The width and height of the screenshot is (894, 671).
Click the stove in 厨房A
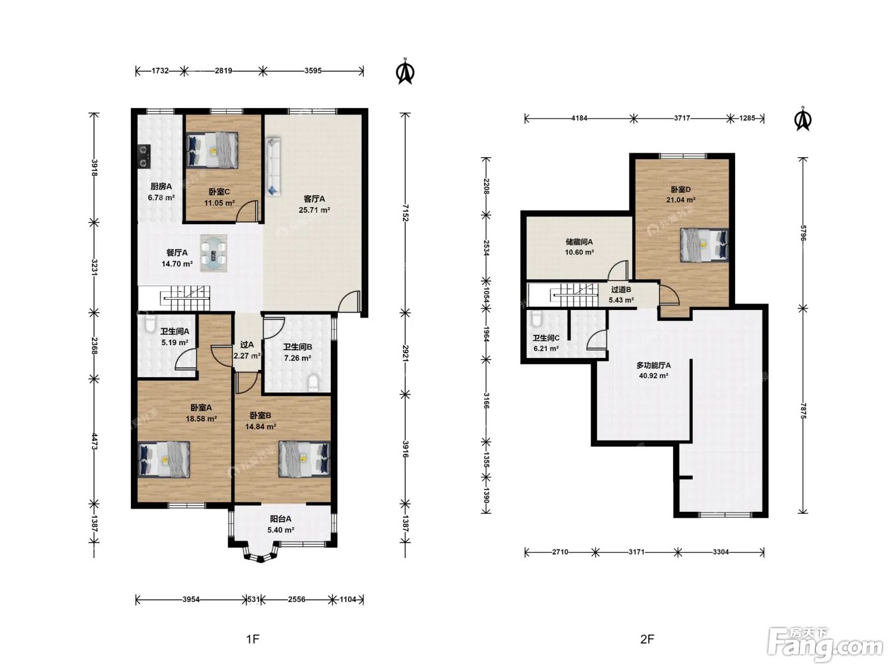point(144,157)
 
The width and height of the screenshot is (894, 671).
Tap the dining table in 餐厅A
point(213,253)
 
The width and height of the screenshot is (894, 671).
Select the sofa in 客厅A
point(273,167)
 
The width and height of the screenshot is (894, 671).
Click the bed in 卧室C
point(212,150)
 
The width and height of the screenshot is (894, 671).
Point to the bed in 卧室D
point(704,245)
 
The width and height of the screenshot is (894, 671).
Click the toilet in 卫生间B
point(313,383)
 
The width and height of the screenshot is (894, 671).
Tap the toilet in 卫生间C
point(536,319)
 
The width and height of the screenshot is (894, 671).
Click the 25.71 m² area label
point(314,210)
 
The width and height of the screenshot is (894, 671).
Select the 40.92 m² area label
point(653,376)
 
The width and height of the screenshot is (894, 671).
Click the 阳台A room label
point(280,519)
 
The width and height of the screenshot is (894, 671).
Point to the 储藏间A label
point(579,242)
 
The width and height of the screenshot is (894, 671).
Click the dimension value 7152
point(405,213)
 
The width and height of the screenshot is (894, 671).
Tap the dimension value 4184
point(579,118)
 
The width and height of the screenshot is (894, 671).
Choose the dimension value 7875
point(803,411)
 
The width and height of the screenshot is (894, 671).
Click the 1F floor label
point(252,639)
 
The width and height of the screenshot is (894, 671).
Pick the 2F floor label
point(647,639)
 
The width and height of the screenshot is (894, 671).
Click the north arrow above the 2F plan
point(803,119)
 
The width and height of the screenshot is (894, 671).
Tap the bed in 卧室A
point(164,459)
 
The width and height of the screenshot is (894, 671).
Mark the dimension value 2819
point(223,71)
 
